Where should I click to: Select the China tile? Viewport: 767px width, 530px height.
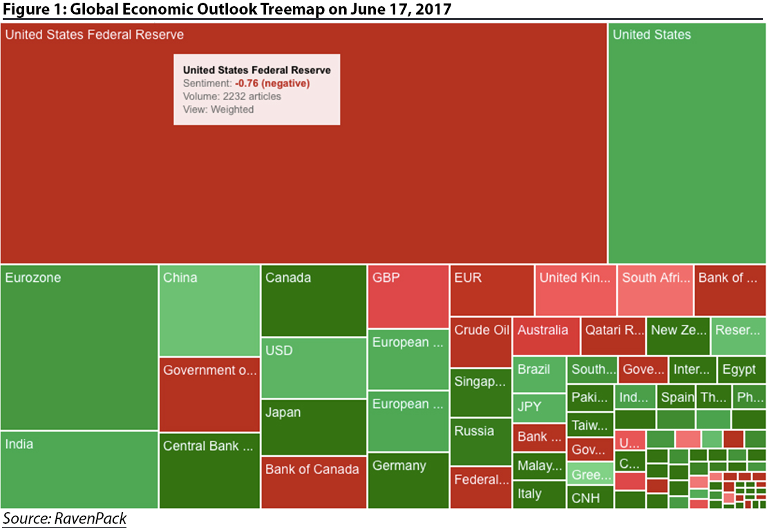(209, 310)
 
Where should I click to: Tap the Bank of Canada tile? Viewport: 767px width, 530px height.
(314, 482)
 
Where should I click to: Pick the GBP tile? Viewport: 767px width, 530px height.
(408, 296)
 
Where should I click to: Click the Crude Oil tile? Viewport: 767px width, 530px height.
(481, 343)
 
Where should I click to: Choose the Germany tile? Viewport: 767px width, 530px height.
(408, 480)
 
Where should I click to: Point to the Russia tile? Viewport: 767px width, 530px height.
(481, 442)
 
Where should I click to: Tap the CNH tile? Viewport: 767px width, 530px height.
(590, 498)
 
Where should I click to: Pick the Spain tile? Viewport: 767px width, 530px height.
(676, 397)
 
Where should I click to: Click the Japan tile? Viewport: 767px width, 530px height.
(314, 427)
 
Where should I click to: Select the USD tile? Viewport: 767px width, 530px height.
(314, 368)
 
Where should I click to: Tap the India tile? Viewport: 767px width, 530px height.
(79, 469)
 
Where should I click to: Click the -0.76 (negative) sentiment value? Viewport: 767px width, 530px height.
(272, 83)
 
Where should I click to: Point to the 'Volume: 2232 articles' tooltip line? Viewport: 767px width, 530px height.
(232, 96)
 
